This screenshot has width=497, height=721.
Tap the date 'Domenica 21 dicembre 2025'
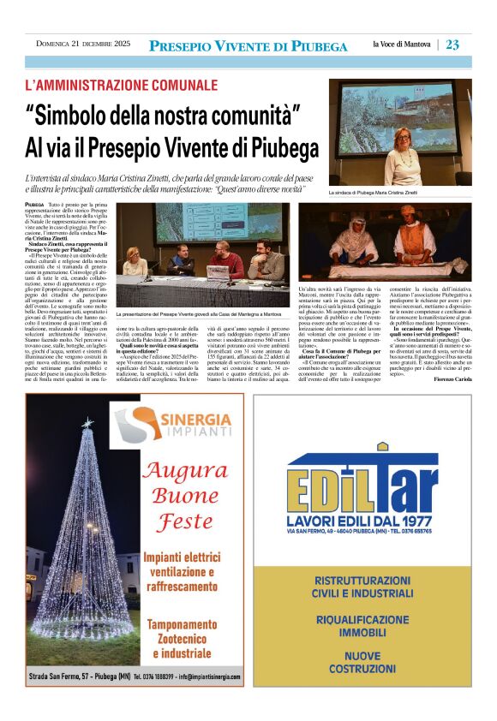[83, 45]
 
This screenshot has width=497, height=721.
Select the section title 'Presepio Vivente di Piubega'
[248, 46]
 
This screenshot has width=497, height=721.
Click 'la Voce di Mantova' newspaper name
[403, 45]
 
